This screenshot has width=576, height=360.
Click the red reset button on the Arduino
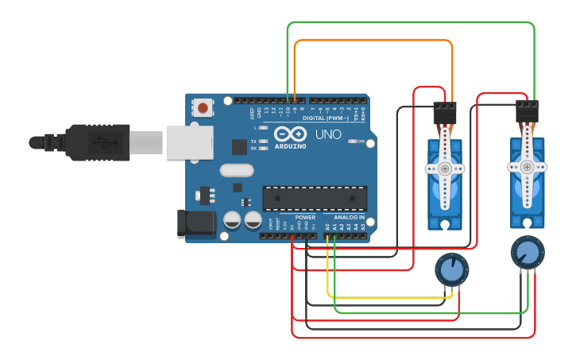(203, 106)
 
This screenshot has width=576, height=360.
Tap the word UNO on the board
(328, 135)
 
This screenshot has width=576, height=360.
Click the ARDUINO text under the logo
(291, 146)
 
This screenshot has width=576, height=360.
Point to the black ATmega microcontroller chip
(315, 199)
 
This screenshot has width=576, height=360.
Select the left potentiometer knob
(451, 269)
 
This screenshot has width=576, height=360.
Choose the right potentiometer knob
(527, 251)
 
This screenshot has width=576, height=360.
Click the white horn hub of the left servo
(445, 168)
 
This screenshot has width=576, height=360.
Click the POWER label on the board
(305, 217)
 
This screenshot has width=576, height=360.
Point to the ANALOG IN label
(349, 217)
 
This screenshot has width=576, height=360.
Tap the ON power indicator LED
(352, 141)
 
